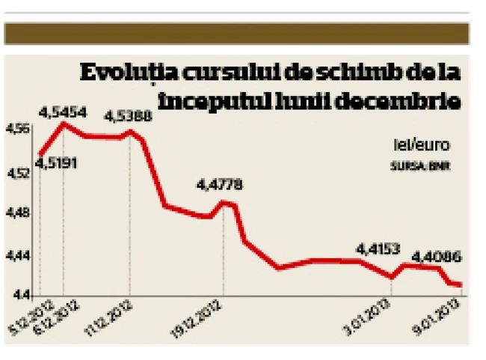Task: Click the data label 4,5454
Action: (x=63, y=113)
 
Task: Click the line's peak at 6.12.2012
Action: (x=64, y=123)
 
